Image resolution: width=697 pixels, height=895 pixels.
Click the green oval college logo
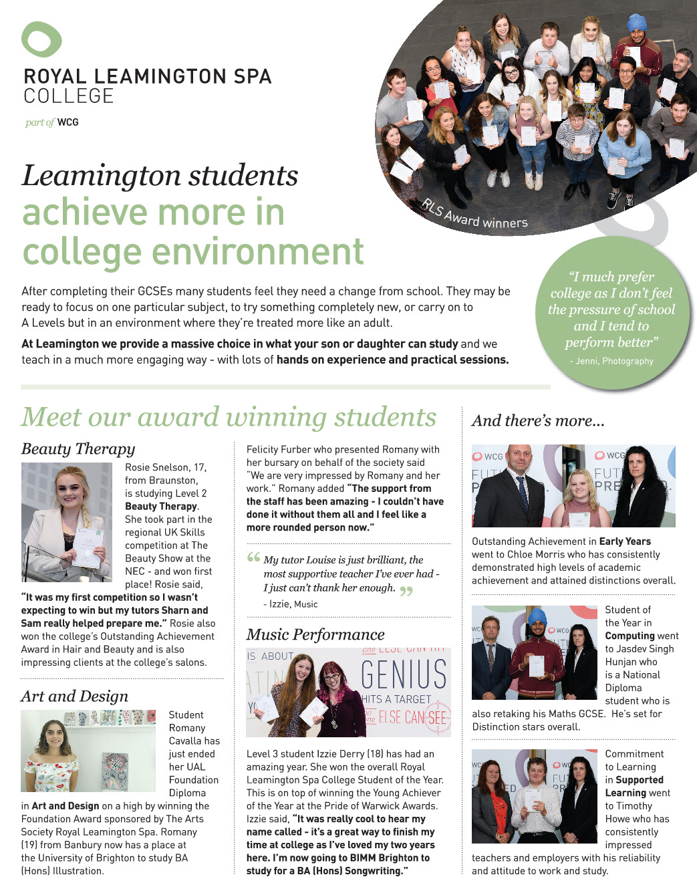tap(41, 39)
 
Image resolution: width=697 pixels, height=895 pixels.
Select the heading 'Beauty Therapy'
tap(78, 449)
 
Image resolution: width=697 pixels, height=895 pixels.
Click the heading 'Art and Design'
tap(74, 696)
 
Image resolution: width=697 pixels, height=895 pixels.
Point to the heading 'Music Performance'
tap(315, 634)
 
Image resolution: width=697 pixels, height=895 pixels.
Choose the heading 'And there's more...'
tap(538, 420)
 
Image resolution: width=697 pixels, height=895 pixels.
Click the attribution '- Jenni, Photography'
tap(611, 361)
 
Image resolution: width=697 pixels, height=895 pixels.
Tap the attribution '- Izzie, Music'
tap(291, 604)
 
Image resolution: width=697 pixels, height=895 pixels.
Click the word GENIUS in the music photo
tap(404, 674)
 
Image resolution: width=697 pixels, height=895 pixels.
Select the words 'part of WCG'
tap(52, 122)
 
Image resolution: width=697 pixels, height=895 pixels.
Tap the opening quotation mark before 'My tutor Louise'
tap(253, 557)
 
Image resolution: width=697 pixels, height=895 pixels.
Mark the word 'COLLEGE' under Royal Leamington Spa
tap(69, 96)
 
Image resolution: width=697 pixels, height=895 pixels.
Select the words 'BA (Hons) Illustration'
tap(63, 871)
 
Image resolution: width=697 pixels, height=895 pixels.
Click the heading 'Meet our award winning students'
tap(229, 417)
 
